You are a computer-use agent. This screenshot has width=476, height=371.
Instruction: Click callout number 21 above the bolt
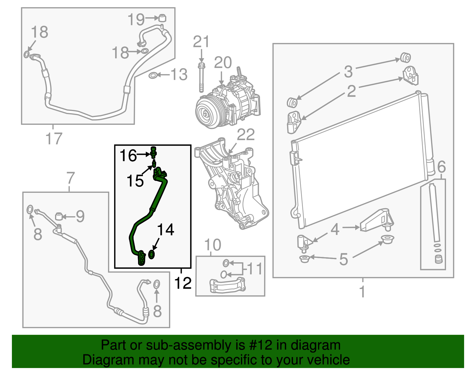(201, 42)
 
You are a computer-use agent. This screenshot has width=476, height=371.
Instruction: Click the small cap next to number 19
(162, 18)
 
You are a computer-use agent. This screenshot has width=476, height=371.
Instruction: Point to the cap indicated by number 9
(59, 216)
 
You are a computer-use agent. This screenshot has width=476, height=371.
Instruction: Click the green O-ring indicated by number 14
(151, 255)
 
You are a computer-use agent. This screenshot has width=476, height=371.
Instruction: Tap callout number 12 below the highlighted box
(183, 283)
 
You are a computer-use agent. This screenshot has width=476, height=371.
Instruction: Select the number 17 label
(54, 139)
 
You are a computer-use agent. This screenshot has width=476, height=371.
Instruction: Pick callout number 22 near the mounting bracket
(246, 135)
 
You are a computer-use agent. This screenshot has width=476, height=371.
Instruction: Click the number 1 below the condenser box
(362, 291)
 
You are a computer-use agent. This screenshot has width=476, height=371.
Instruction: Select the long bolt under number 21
(202, 78)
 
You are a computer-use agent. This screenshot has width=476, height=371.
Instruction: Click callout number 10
(213, 245)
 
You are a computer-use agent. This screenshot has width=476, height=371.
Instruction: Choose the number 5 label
(344, 259)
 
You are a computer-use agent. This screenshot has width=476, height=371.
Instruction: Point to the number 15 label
(135, 181)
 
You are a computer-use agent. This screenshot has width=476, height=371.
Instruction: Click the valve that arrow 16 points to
(154, 152)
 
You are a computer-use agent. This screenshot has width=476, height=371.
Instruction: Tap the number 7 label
(70, 178)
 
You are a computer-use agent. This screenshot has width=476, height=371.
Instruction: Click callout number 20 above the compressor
(223, 63)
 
